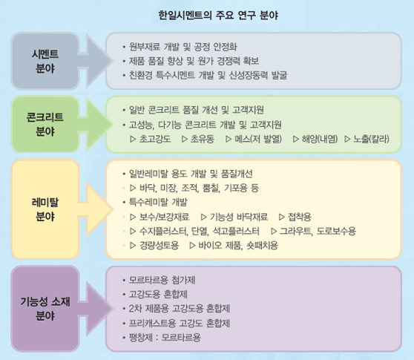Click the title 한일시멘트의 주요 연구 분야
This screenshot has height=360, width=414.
pos(218,15)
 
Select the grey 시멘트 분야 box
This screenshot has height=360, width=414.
pos(45,61)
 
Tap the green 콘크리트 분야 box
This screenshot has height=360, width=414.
pos(45,124)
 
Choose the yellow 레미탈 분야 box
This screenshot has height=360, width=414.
pos(45,209)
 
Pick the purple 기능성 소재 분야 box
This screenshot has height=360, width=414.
pos(45,309)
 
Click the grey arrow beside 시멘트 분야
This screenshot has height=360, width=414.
pos(96,61)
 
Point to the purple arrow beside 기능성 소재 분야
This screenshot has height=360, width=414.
pos(96,309)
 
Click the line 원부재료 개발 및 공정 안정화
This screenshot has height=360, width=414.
pos(183,47)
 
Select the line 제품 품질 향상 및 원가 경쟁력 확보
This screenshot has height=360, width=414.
pos(194,61)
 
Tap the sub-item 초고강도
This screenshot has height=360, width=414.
pos(155,139)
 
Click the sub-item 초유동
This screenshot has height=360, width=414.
pos(203,139)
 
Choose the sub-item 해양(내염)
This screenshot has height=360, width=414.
pos(320,139)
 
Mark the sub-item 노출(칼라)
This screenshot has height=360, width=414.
pos(371,139)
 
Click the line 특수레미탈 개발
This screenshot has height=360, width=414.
pos(158,203)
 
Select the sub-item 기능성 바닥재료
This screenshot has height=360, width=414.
pos(239,217)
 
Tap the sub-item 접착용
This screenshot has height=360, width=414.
pos(300,217)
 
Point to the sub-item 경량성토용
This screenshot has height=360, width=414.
pos(159,246)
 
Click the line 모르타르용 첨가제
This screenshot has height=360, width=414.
pos(162,280)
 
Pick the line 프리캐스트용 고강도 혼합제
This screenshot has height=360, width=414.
pos(180,323)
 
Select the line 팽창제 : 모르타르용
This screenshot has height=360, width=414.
pos(165,337)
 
